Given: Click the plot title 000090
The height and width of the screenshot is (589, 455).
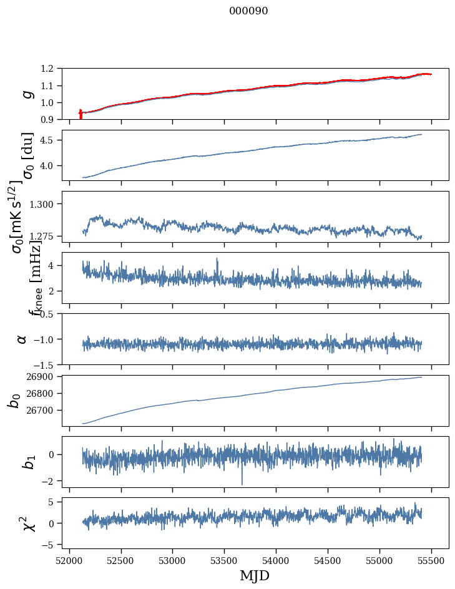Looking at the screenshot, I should pos(248,11).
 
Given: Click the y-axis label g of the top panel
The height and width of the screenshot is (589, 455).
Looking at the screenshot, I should pos(26,94).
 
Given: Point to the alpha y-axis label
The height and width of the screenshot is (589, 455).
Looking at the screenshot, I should pos(22,339).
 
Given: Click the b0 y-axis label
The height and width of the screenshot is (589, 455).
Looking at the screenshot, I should pos(14,400).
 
